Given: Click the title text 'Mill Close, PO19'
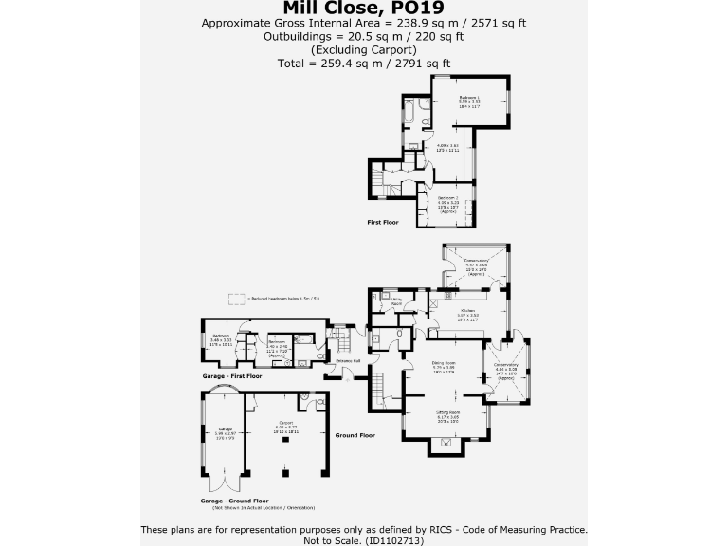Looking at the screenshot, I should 363,8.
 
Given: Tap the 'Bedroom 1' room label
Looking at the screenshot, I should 469,98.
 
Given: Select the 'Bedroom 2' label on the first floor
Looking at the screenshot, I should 447,198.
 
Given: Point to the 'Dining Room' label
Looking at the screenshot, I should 445,363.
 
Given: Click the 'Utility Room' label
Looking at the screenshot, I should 396,300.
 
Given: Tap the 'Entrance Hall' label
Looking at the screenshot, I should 348,361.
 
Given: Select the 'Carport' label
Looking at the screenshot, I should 286,423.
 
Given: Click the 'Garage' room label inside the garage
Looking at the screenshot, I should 226,428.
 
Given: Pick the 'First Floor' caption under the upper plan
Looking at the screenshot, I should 383,222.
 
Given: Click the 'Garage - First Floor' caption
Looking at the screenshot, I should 234,375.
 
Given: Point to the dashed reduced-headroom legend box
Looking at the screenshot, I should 235,298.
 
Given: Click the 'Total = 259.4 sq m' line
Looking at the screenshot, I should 363,64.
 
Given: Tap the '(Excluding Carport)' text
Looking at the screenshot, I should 363,50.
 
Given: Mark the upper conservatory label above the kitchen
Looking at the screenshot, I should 476,261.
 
